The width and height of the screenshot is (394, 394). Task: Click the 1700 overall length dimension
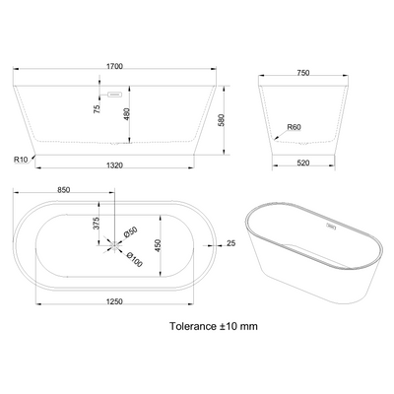[114, 66]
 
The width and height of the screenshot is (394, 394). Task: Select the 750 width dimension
[302, 73]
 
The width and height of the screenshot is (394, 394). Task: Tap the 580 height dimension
[221, 120]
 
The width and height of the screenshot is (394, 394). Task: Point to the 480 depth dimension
[127, 114]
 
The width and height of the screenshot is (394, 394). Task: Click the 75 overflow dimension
[97, 109]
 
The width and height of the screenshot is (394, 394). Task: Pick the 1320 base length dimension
[114, 165]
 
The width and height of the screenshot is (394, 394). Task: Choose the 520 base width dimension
[302, 163]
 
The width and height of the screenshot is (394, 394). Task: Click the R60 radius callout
[294, 127]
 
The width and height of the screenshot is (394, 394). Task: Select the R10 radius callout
[21, 160]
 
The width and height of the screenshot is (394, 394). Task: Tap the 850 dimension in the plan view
[63, 190]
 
